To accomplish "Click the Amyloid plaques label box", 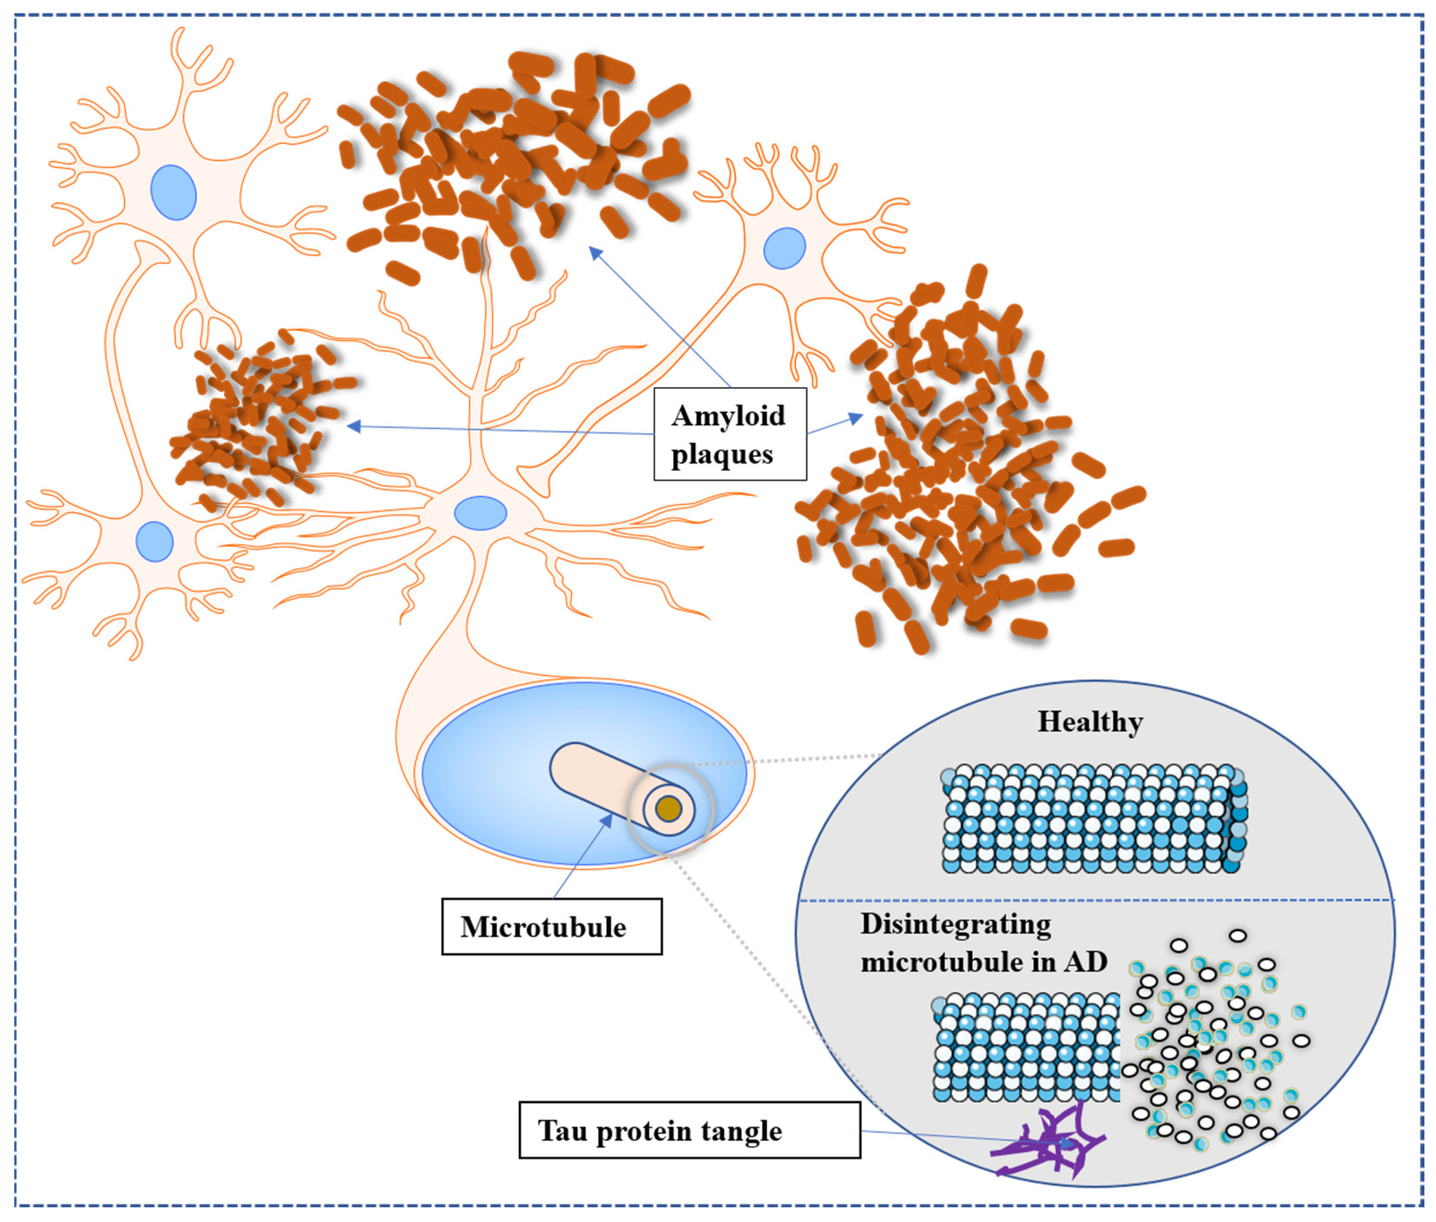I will point(729,434).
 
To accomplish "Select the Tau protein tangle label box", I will point(689,1130).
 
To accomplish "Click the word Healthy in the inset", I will point(1089,722).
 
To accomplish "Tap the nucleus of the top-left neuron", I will point(173,192).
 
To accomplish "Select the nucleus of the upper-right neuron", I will point(784,247).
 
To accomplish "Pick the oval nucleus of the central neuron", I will point(480,513).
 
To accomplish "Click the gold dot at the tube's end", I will point(669,808).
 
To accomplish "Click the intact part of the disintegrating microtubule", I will point(1025,1047).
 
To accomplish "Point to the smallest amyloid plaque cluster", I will point(256,422).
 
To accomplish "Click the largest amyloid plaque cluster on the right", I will point(963,471).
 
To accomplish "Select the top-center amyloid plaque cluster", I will point(512,159).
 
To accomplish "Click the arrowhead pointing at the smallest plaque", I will point(353,426).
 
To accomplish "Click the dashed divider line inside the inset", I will point(1095,900).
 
